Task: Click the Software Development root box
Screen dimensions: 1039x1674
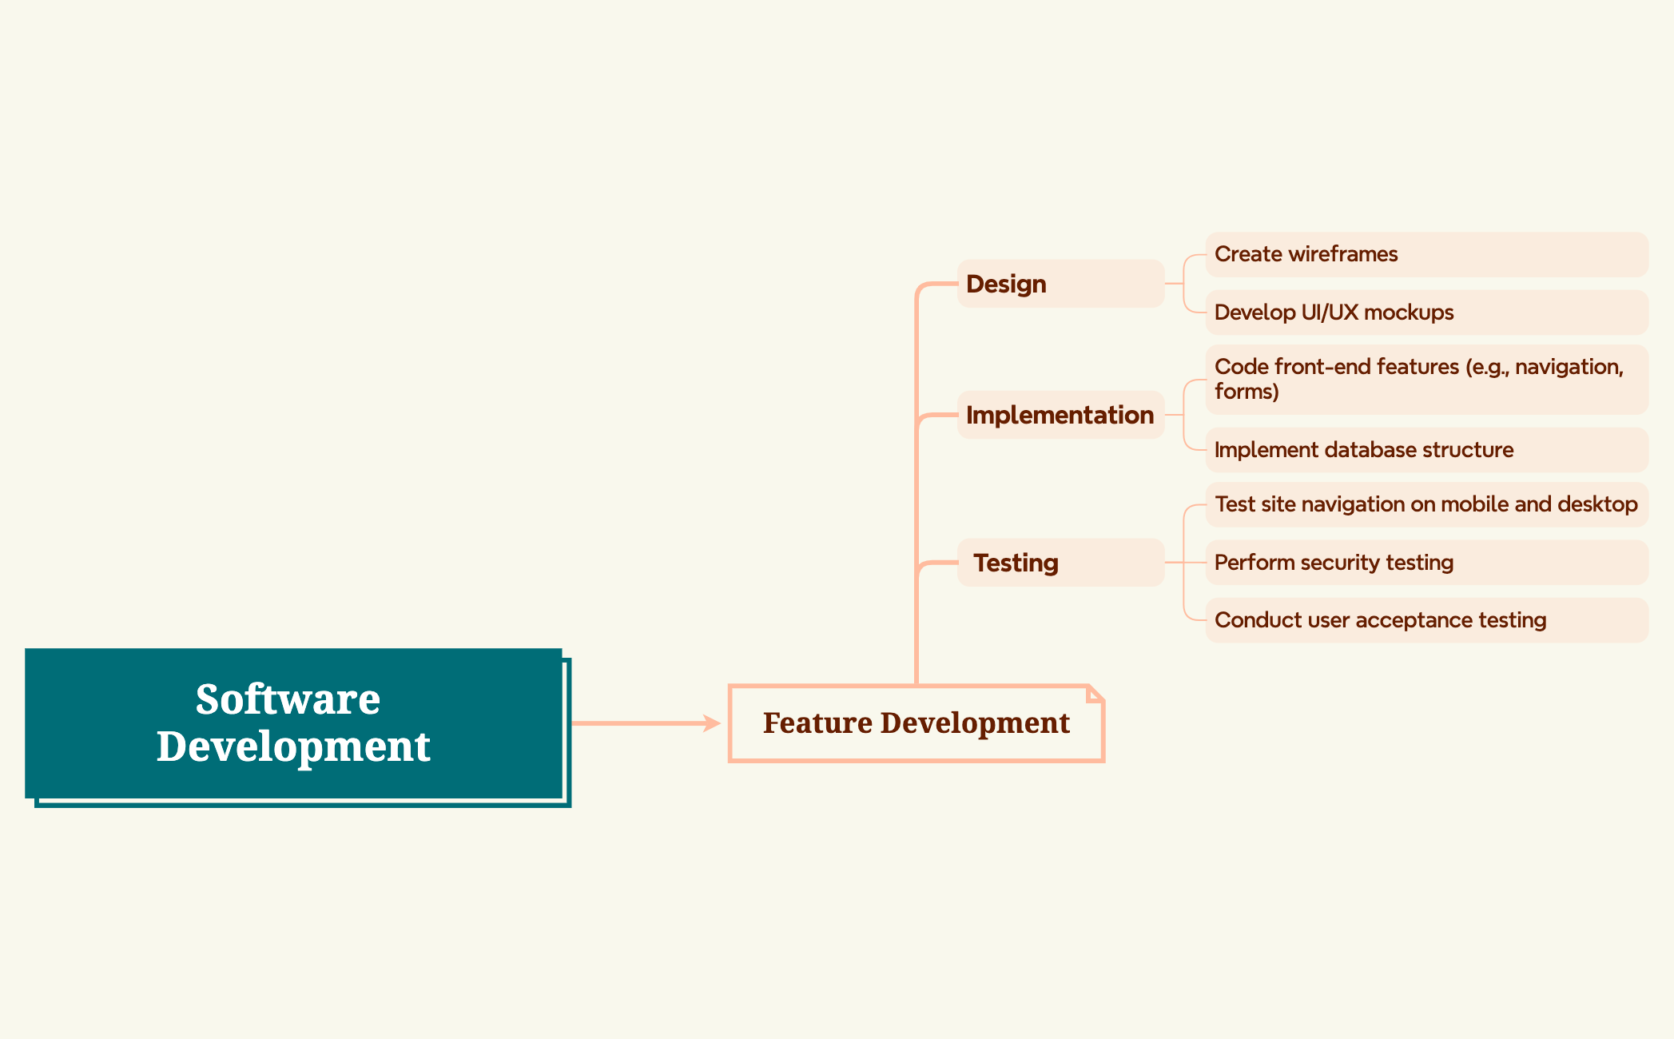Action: click(x=294, y=723)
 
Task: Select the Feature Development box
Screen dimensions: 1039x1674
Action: click(x=916, y=723)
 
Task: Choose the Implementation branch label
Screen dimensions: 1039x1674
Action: click(x=1060, y=415)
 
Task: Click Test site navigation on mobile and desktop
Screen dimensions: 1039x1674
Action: click(x=1426, y=504)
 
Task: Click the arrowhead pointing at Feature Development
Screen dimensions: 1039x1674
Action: click(x=712, y=723)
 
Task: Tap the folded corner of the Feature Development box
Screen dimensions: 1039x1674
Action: click(x=1095, y=693)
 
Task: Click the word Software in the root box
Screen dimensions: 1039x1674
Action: click(x=288, y=699)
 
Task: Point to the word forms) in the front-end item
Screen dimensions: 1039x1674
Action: click(x=1247, y=392)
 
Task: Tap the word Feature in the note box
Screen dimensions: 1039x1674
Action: click(x=817, y=723)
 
